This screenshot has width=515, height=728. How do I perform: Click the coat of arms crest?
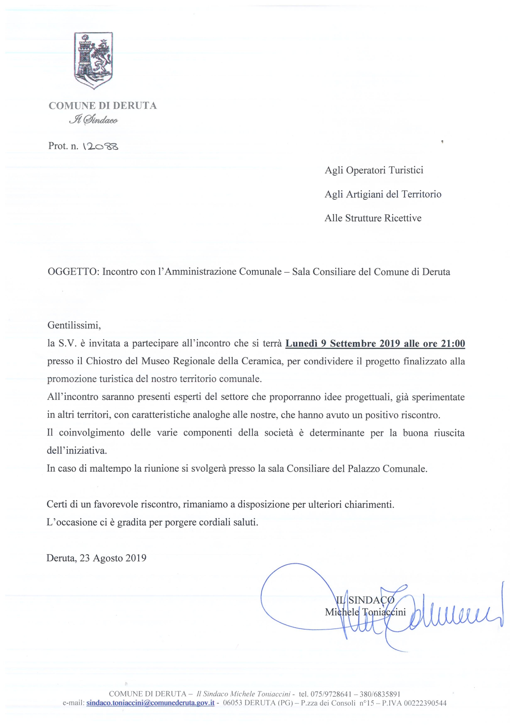pos(93,60)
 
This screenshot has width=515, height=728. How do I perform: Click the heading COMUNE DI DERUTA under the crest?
pos(103,106)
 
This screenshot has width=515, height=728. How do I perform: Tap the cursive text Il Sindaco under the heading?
pos(93,120)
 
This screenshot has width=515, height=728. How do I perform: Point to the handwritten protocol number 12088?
pos(101,146)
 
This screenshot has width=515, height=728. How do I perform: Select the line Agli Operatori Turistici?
pos(374,170)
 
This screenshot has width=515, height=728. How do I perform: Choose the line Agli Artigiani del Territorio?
pos(383,194)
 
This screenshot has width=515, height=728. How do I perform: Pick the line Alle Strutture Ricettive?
pos(373,218)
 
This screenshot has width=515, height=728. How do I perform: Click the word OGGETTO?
pos(73,272)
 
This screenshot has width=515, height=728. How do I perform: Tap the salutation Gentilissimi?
pos(74,325)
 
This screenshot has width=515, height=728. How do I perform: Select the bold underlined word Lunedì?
pos(302,343)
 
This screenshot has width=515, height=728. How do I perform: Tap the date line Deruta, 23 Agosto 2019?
pos(96,558)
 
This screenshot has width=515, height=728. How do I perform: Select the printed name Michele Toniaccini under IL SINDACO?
pos(365,612)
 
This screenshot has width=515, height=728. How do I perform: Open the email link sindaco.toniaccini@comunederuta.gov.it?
pos(150,703)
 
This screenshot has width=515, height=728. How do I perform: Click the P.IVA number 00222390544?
pos(425,703)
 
